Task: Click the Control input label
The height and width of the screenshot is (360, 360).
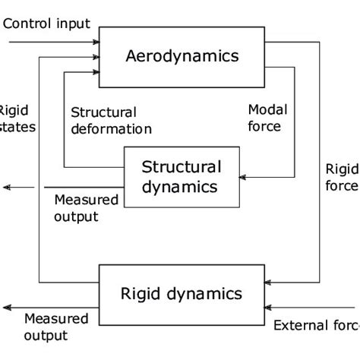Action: (46, 23)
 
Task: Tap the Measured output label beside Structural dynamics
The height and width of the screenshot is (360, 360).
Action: (86, 208)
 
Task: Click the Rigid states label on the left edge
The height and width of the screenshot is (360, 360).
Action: (16, 118)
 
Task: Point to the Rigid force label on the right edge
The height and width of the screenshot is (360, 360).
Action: (342, 176)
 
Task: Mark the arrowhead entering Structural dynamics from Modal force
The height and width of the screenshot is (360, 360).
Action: (243, 178)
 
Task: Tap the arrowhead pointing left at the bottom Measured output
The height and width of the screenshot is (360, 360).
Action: (6, 308)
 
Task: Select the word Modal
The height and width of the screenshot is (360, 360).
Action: (265, 110)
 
